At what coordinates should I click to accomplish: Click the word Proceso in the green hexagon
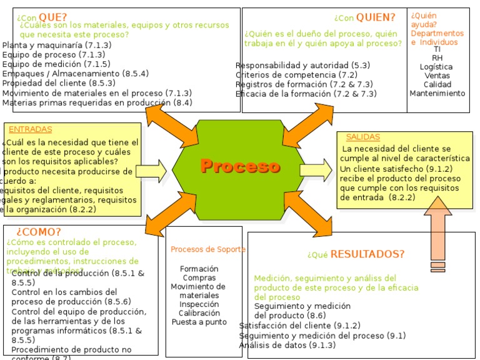click(x=240, y=166)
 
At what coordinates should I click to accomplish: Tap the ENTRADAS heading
click(x=31, y=129)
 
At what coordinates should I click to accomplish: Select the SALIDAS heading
click(x=362, y=137)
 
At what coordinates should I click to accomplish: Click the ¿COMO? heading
click(x=39, y=232)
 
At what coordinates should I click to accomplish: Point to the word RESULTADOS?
click(x=367, y=254)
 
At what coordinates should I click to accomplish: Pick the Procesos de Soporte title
click(x=208, y=249)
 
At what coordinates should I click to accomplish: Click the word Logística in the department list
click(x=437, y=67)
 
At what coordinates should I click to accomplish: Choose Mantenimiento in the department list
click(x=437, y=93)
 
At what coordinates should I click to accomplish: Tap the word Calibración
click(x=199, y=313)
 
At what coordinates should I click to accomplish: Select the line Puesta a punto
click(x=199, y=322)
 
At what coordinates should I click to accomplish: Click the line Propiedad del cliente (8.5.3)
click(x=59, y=82)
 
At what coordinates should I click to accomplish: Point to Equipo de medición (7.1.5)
click(x=56, y=64)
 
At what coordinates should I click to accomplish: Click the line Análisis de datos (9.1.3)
click(x=287, y=345)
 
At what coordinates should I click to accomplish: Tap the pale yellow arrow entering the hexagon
click(x=151, y=169)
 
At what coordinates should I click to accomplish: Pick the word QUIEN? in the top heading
click(x=376, y=17)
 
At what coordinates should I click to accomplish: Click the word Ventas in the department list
click(x=437, y=76)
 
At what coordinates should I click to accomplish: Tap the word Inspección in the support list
click(x=199, y=304)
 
